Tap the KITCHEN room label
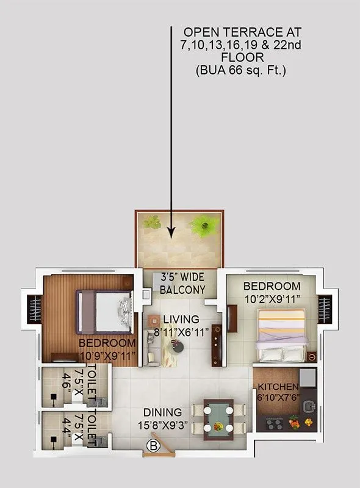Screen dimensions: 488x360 tap(278, 387)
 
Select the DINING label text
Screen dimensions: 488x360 tap(163, 412)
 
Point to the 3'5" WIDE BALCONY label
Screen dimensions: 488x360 tap(182, 283)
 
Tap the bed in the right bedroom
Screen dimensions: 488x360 tap(281, 335)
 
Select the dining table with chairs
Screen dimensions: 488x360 tap(218, 418)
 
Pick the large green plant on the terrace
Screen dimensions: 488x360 tap(204, 226)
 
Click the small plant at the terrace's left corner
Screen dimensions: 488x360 tap(152, 222)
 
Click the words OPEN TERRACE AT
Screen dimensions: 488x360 tap(243, 31)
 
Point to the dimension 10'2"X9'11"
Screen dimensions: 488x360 tap(272, 299)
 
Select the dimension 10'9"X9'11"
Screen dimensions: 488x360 tap(108, 355)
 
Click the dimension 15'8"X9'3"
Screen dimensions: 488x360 tap(164, 425)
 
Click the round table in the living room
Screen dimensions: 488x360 tap(178, 347)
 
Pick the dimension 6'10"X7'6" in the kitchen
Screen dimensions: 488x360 tap(278, 398)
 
